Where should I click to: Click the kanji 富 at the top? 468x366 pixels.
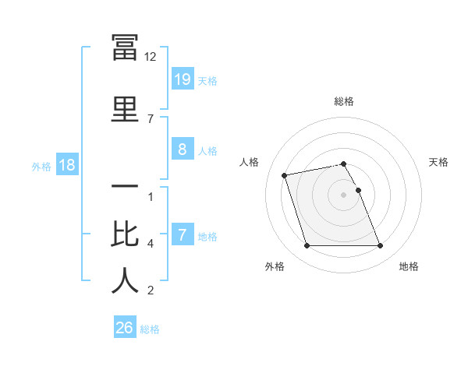pyautogui.click(x=125, y=48)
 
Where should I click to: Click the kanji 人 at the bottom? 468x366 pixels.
pyautogui.click(x=125, y=281)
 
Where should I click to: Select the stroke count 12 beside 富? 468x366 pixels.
pyautogui.click(x=151, y=57)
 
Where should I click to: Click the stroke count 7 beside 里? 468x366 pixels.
pyautogui.click(x=151, y=118)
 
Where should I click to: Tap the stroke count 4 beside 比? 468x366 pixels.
pyautogui.click(x=151, y=244)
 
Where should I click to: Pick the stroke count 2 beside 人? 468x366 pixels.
pyautogui.click(x=151, y=290)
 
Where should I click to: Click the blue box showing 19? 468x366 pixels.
pyautogui.click(x=182, y=79)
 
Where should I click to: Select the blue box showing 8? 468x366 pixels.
pyautogui.click(x=182, y=150)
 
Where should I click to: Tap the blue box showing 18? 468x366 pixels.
pyautogui.click(x=66, y=165)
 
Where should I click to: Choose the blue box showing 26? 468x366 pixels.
pyautogui.click(x=124, y=328)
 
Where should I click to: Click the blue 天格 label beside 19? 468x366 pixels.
pyautogui.click(x=207, y=80)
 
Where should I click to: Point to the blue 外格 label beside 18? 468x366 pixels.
pyautogui.click(x=41, y=166)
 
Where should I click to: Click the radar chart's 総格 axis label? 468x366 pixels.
pyautogui.click(x=344, y=101)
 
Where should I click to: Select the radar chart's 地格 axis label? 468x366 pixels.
pyautogui.click(x=409, y=266)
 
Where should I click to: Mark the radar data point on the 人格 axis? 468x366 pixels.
pyautogui.click(x=285, y=174)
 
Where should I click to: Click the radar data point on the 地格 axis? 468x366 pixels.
pyautogui.click(x=380, y=246)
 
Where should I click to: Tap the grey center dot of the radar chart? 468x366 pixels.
pyautogui.click(x=344, y=195)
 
